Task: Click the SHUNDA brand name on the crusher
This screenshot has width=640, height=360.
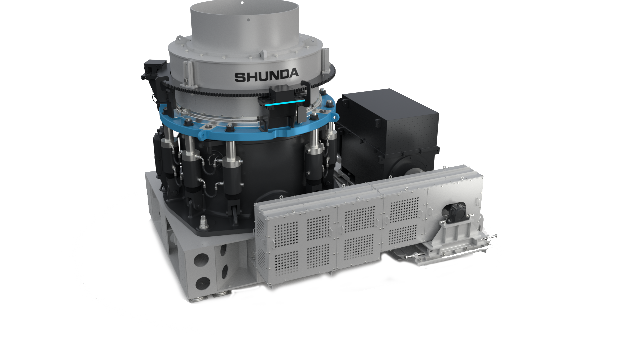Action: click(267, 76)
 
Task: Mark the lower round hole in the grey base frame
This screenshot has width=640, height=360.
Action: click(202, 283)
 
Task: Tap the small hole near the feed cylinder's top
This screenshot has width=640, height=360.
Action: click(248, 20)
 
